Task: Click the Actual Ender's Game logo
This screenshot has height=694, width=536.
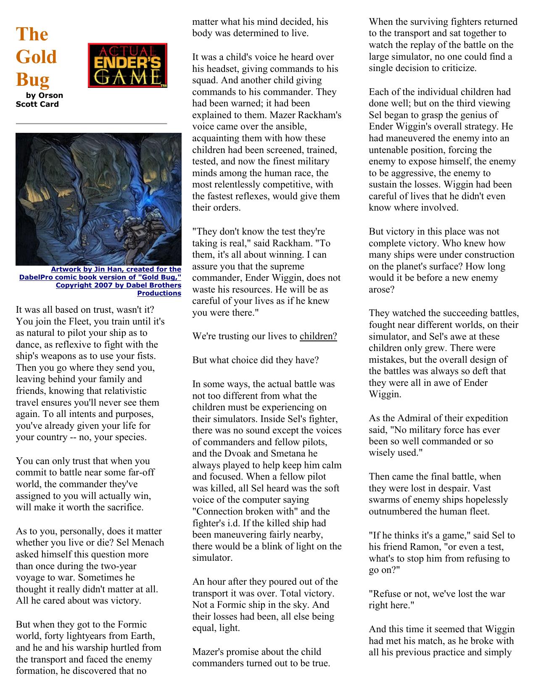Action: point(127,65)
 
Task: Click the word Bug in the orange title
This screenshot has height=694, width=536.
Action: point(32,79)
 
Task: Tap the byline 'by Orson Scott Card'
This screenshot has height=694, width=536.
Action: point(40,100)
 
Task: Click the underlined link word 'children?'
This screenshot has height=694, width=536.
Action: point(318,336)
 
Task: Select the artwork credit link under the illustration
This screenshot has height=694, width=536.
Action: point(100,281)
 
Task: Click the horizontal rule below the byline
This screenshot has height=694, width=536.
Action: point(91,124)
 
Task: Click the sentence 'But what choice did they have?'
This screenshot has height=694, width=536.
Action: point(256,360)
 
